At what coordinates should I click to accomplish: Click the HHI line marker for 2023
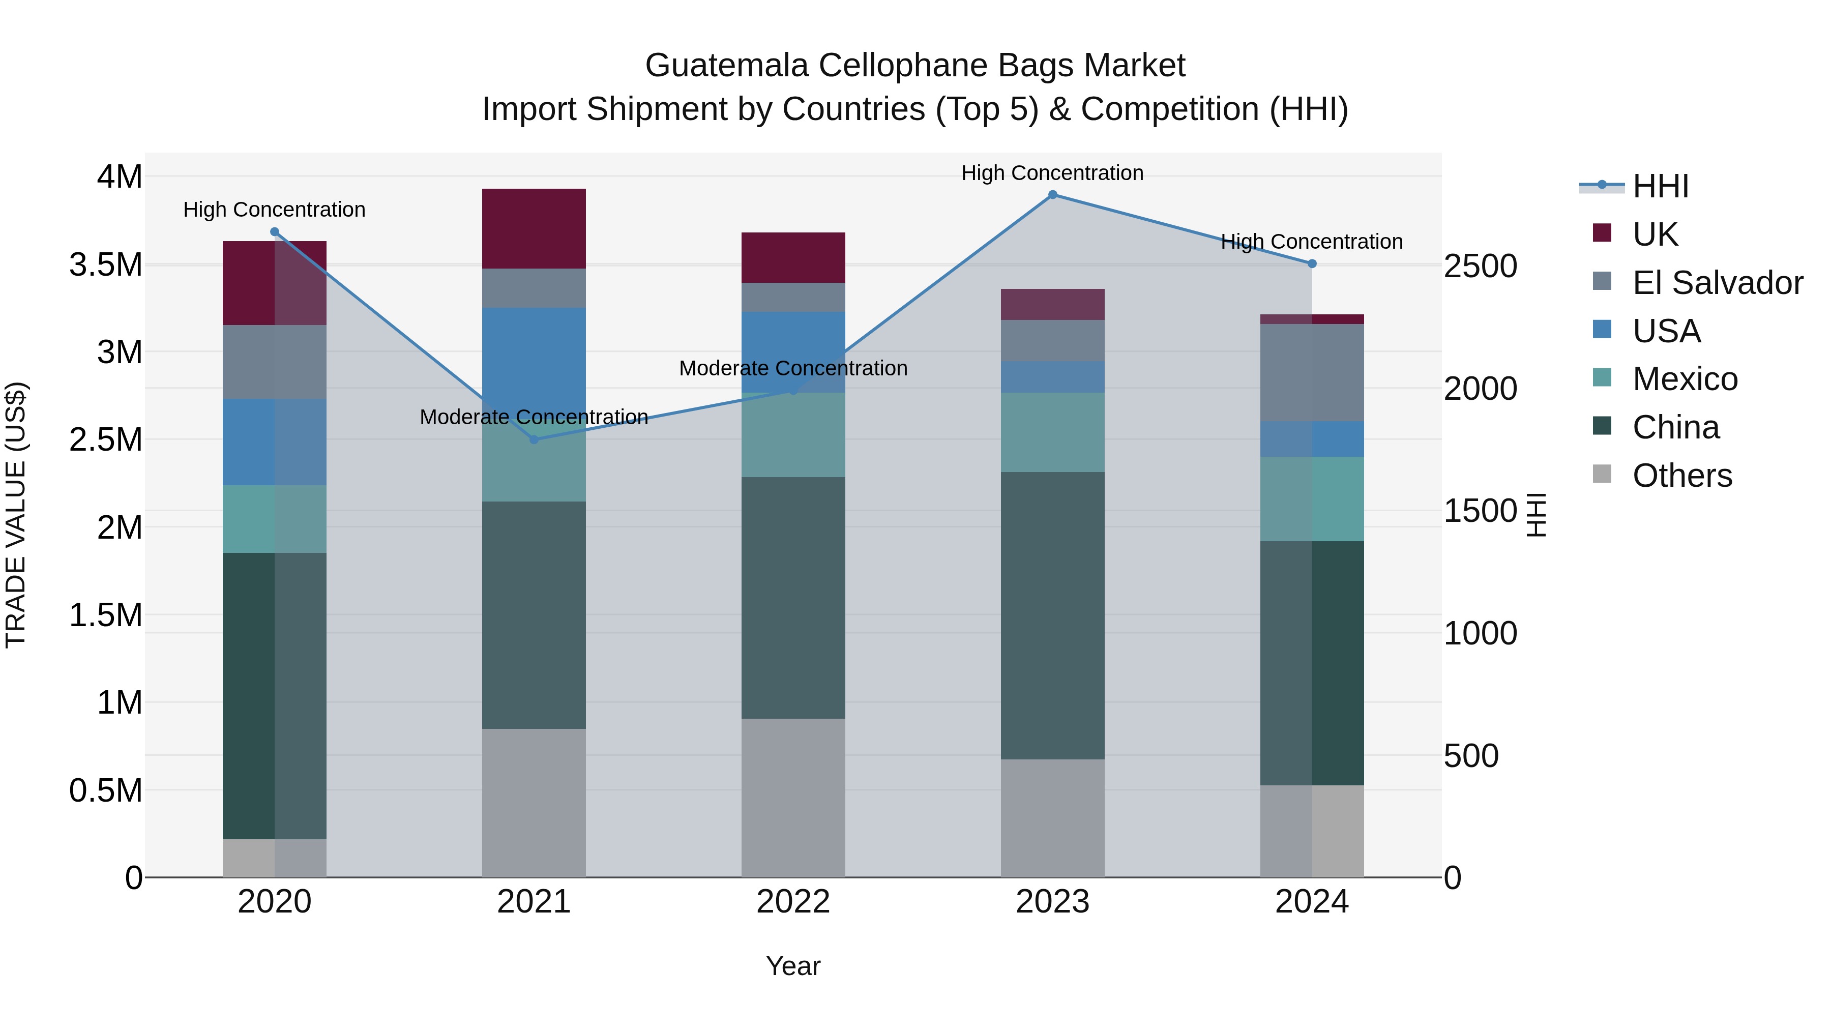pos(1053,195)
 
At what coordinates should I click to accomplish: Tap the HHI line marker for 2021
pos(535,439)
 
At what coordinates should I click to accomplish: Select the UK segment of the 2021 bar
pos(534,228)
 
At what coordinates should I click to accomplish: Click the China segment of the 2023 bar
pos(1053,615)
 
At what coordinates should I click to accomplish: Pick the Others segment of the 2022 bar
pos(793,797)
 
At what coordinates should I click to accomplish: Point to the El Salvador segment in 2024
pos(1312,372)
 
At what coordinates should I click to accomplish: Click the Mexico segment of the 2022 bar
pos(793,434)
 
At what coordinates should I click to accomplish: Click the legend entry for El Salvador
pos(1717,283)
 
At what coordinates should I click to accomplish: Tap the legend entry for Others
pos(1682,476)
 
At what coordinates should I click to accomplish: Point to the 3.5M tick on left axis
pos(106,264)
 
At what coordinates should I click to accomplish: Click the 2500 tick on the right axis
pos(1481,266)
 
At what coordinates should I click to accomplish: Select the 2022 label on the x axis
pos(793,902)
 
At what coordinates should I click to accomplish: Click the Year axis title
pos(793,966)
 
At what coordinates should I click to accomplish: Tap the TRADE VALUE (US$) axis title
pos(16,515)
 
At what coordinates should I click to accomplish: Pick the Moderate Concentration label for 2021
pos(534,417)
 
